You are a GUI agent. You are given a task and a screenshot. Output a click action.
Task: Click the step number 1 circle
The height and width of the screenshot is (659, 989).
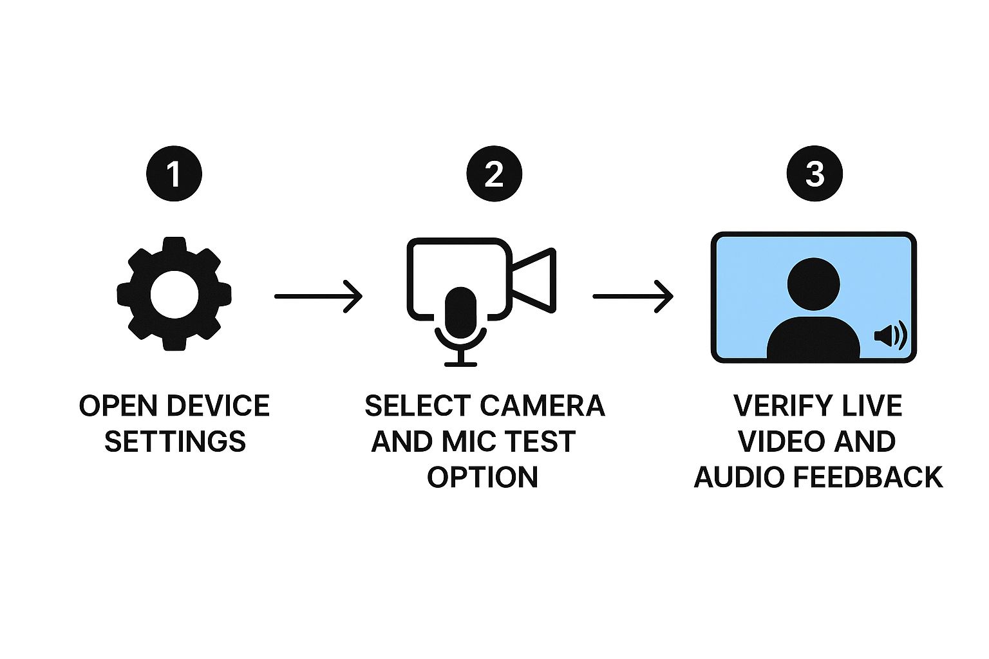[x=174, y=174]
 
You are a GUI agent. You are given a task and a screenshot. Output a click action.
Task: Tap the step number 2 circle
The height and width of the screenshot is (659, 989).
[x=494, y=174]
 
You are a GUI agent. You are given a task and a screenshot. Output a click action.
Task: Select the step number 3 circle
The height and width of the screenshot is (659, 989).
[x=815, y=174]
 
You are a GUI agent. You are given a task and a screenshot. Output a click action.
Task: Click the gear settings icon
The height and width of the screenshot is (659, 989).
[x=174, y=294]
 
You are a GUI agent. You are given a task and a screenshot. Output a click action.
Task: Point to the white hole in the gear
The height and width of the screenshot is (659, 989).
[x=174, y=294]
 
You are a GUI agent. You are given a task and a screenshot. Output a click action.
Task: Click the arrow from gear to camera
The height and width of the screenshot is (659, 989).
[x=318, y=296]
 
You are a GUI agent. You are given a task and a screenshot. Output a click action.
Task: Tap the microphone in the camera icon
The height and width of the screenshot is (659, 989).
[x=461, y=315]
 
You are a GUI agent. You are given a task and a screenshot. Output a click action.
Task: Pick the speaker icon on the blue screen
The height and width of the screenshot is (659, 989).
[x=890, y=336]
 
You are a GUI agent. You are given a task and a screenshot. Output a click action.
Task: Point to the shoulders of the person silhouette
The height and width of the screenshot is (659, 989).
[x=814, y=338]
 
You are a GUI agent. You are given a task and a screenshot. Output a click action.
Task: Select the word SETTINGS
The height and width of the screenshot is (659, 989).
[x=175, y=442]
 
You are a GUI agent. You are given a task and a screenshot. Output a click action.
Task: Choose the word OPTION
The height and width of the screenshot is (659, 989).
[x=483, y=478]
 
